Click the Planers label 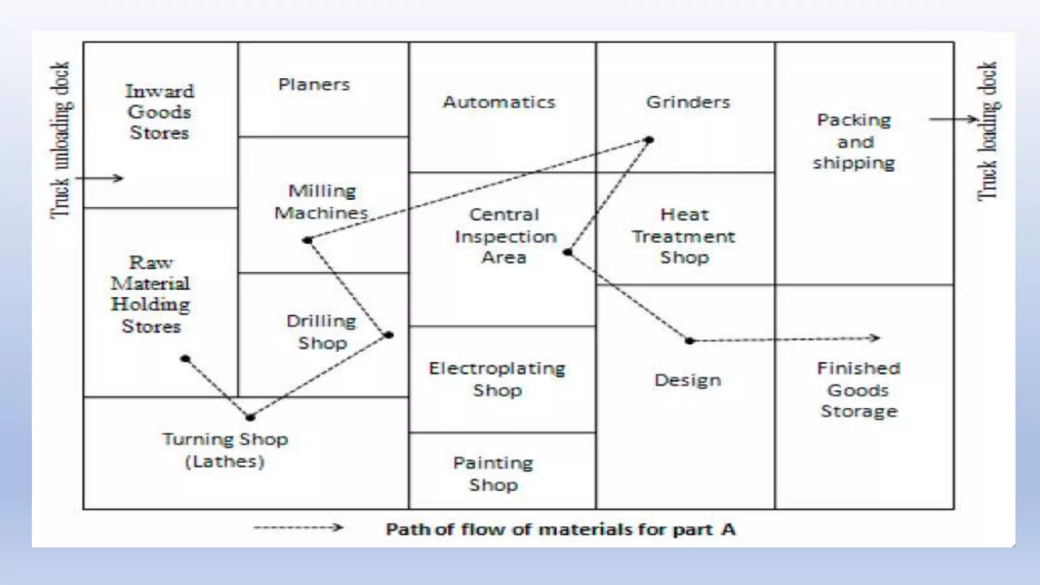(314, 84)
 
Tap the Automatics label (499, 102)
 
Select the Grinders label (688, 102)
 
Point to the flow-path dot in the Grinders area (648, 140)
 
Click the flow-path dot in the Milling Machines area (307, 240)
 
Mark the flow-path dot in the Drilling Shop (388, 335)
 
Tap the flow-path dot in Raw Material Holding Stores (185, 359)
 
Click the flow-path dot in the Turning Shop (250, 417)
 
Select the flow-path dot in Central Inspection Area (568, 252)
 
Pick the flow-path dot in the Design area (689, 341)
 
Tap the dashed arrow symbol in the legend (299, 528)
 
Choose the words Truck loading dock (988, 132)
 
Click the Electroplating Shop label (497, 379)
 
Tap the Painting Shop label (493, 473)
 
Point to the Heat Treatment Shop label (684, 236)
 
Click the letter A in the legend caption (728, 530)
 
